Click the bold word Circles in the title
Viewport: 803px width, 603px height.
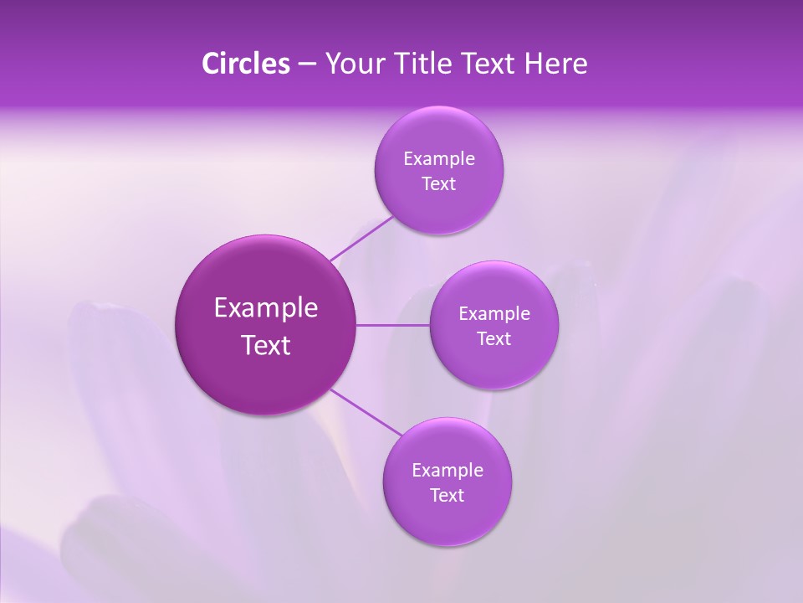click(x=245, y=64)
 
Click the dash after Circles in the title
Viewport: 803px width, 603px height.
click(x=307, y=64)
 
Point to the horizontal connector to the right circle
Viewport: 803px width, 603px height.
click(x=393, y=325)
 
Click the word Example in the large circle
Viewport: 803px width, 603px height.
click(x=266, y=308)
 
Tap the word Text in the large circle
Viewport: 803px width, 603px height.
click(x=266, y=345)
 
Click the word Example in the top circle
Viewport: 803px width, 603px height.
click(x=439, y=158)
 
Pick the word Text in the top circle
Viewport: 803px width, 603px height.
click(x=438, y=183)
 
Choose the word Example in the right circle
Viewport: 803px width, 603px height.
click(x=494, y=313)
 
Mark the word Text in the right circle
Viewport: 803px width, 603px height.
click(x=494, y=338)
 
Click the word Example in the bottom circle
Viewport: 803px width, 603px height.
click(x=448, y=470)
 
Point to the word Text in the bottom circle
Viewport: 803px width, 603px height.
click(x=447, y=495)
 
